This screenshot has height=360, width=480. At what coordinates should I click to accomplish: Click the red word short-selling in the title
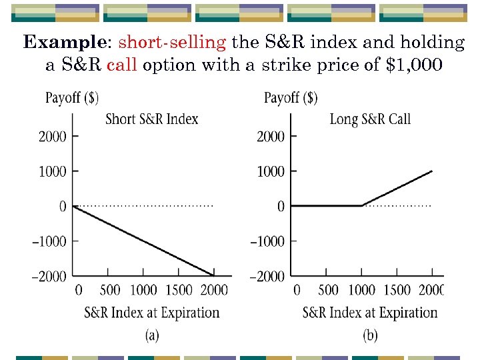[x=172, y=43]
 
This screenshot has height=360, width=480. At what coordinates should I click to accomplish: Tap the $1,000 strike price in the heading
[x=414, y=65]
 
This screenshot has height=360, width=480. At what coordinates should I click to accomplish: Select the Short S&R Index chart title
[x=152, y=119]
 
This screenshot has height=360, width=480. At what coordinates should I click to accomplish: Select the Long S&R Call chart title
[x=370, y=119]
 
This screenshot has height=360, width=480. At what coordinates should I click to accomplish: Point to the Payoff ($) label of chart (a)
[x=72, y=98]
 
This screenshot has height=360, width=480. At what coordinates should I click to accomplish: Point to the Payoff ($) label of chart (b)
[x=291, y=98]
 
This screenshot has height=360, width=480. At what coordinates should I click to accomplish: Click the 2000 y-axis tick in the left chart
[x=53, y=137]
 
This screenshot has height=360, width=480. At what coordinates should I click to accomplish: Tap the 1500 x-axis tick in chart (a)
[x=179, y=290]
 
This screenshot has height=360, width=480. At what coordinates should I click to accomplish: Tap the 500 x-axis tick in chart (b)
[x=328, y=290]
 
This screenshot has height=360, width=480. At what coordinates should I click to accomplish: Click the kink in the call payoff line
[x=362, y=206]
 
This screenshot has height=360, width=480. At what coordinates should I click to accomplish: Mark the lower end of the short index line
[x=213, y=275]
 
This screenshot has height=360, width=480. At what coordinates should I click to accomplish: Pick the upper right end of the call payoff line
[x=432, y=171]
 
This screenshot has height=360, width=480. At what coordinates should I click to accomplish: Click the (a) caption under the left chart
[x=152, y=335]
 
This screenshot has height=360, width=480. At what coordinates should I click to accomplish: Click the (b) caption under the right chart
[x=370, y=335]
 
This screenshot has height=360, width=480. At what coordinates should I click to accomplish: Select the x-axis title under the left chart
[x=152, y=312]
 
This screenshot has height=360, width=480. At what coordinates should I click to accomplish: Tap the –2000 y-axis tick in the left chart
[x=49, y=276]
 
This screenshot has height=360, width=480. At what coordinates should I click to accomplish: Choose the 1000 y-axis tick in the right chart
[x=271, y=171]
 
